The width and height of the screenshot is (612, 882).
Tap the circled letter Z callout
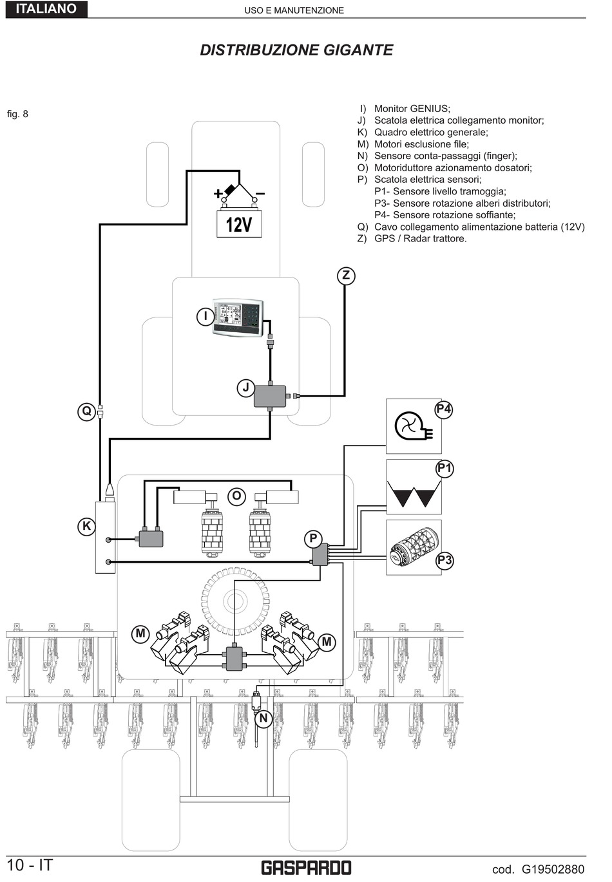(x=346, y=276)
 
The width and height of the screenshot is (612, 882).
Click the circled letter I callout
(x=206, y=316)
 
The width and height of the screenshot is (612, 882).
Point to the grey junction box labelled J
(x=270, y=396)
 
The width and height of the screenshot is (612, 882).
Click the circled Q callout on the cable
(x=86, y=411)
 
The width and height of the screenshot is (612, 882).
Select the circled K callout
(x=86, y=526)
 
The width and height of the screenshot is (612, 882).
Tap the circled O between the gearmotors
(x=236, y=496)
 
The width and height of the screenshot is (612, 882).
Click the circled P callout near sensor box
(x=313, y=538)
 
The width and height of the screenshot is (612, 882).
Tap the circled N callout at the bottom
(x=263, y=718)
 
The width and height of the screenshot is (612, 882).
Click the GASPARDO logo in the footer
(x=306, y=868)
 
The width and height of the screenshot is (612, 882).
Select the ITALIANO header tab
(x=46, y=9)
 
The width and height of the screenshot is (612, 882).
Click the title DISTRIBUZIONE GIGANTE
(x=296, y=50)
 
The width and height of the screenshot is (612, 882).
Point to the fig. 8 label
(x=17, y=114)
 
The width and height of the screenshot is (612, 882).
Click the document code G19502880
(x=553, y=869)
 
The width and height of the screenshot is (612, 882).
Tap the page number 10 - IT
(x=30, y=865)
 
